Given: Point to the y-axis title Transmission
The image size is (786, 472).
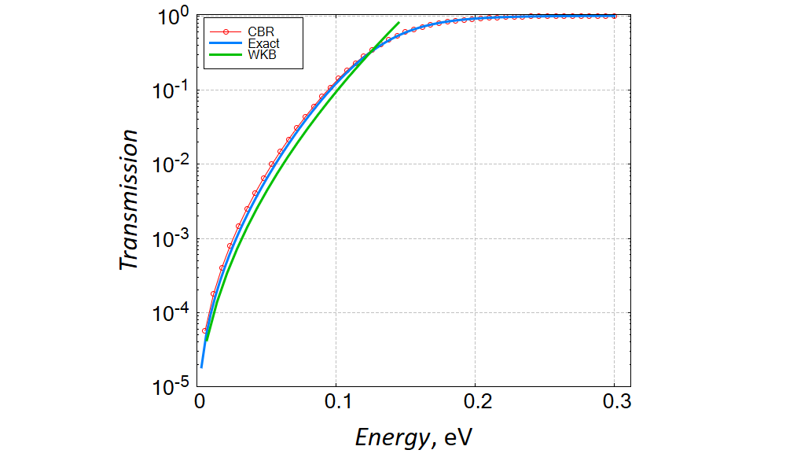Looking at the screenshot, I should pos(130,200).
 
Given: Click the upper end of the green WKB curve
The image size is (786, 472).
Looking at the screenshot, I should pos(399,23).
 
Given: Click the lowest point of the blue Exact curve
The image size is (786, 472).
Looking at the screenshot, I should pos(201,367).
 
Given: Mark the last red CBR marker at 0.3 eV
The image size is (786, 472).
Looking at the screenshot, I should pos(614,16).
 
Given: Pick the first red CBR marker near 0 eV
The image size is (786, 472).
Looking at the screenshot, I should pos(204,330).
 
